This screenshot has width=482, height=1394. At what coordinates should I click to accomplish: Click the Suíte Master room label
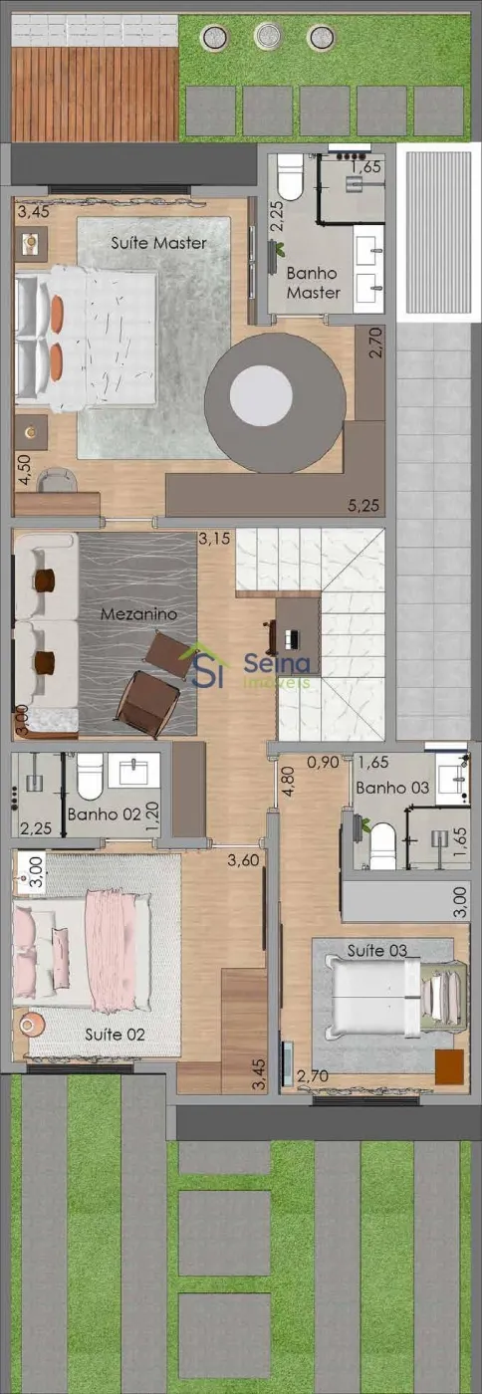[x=158, y=242]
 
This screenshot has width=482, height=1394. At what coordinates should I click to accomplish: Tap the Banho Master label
[x=314, y=283]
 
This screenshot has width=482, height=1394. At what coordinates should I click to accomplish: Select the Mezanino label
[x=138, y=614]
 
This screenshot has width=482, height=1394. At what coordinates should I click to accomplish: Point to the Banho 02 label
[x=104, y=814]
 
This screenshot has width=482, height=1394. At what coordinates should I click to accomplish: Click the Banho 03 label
[x=392, y=788]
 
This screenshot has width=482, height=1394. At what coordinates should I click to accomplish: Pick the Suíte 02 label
[x=115, y=1035]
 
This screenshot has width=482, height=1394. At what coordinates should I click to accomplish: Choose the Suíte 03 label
[x=376, y=950]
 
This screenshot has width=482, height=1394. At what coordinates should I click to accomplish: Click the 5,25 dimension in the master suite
[x=363, y=506]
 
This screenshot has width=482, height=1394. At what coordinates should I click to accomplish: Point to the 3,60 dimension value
[x=243, y=860]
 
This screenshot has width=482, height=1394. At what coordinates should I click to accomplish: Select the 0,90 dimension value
[x=324, y=763]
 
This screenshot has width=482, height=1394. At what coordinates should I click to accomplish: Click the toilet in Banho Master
[x=290, y=176]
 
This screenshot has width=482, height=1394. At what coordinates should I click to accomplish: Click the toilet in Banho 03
[x=382, y=845]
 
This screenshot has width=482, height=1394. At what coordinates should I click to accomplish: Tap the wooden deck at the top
[x=95, y=95]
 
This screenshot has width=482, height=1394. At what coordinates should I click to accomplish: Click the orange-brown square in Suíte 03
[x=449, y=1066]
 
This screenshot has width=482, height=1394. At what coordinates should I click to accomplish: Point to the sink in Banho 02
[x=133, y=770]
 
